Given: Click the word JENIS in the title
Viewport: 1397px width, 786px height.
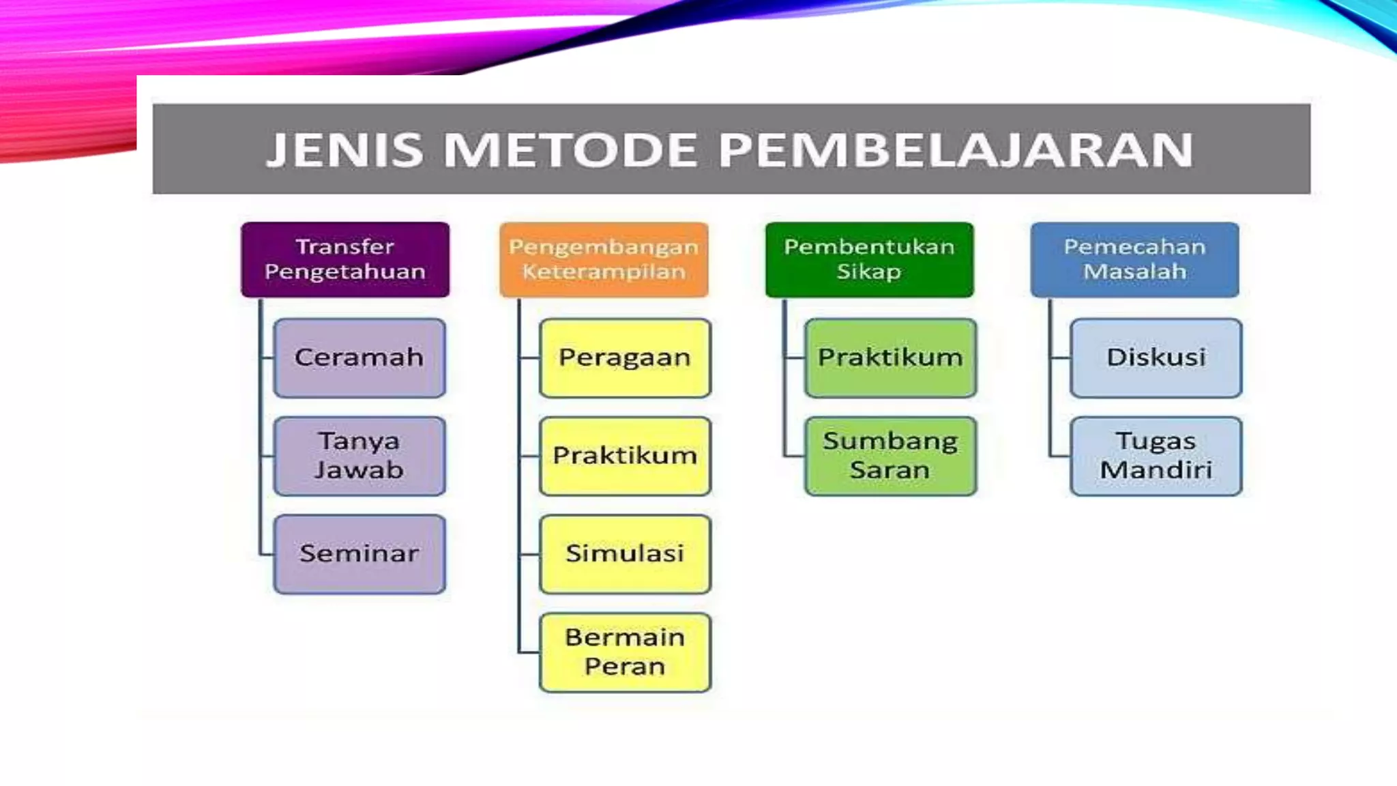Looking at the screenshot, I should [x=344, y=149].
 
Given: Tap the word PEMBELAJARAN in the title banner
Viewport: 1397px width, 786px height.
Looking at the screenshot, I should [x=956, y=149].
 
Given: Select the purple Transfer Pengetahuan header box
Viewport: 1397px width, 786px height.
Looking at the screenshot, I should [x=345, y=259].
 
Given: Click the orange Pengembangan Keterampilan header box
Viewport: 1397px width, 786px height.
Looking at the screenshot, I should [x=604, y=259].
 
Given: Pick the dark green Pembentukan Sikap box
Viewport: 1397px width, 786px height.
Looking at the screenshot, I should [x=869, y=259].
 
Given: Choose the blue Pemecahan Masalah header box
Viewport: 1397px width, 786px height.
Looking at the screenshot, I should [x=1134, y=259].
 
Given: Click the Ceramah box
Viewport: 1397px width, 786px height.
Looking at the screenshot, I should [x=359, y=358].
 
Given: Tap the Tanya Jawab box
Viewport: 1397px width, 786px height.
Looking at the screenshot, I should [x=359, y=456].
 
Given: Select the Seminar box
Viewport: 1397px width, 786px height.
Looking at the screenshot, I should [x=359, y=554].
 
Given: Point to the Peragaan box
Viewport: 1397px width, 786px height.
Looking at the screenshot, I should [x=625, y=358].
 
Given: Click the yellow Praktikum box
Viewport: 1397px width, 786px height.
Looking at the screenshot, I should [x=625, y=456].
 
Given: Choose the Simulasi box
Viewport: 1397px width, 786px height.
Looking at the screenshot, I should [x=625, y=554].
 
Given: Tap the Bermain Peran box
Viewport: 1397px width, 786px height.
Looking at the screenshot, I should [x=625, y=652].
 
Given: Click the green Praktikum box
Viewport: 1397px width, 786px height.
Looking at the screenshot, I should [x=890, y=358].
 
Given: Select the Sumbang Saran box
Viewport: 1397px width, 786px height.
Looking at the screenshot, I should [x=890, y=456].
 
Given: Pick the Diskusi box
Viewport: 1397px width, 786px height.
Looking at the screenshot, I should [x=1156, y=358].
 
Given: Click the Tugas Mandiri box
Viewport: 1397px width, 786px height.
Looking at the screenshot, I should [x=1156, y=456].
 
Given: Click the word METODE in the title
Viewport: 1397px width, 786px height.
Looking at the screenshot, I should [x=570, y=149].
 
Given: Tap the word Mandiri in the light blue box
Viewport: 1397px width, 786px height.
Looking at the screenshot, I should [x=1156, y=470].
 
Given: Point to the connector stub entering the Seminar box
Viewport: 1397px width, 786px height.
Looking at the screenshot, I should [x=267, y=555].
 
